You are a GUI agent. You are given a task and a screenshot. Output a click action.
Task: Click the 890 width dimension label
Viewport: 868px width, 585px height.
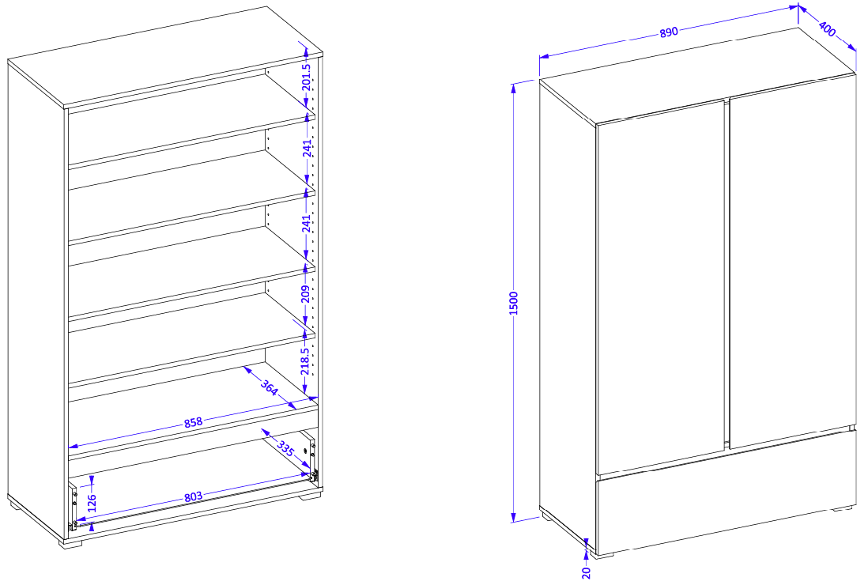[x=669, y=32]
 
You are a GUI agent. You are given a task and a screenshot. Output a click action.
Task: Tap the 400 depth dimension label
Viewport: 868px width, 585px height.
[x=827, y=28]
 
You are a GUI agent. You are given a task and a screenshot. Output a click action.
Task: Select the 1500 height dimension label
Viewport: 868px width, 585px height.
[x=513, y=303]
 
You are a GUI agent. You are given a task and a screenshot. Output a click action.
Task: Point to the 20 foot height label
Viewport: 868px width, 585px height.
[x=587, y=572]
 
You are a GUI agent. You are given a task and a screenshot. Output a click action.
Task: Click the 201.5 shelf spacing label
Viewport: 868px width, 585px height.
[x=307, y=77]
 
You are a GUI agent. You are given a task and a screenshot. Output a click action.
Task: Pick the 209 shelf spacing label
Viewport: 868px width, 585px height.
[x=306, y=294]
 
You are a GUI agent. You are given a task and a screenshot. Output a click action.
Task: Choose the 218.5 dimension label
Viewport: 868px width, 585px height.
[x=305, y=361]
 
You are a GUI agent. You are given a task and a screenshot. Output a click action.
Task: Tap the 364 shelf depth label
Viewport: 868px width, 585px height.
[x=269, y=387]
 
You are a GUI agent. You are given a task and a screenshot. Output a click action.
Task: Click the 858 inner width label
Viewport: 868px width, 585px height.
[x=193, y=423]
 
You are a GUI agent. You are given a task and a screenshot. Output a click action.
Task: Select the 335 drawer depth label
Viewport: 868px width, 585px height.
[x=285, y=448]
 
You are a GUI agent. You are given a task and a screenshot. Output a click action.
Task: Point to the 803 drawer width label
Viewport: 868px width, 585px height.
[x=193, y=497]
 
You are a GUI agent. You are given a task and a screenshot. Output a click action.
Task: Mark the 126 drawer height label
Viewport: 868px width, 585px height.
[x=92, y=503]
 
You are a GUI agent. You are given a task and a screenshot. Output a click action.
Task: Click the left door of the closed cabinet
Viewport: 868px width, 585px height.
[x=661, y=287]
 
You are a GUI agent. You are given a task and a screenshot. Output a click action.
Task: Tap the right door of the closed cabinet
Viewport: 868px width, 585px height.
[x=793, y=261]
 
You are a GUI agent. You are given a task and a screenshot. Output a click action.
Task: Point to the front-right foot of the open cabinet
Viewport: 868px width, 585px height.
[x=311, y=496]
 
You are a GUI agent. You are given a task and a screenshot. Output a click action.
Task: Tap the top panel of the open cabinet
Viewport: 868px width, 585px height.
[x=165, y=56]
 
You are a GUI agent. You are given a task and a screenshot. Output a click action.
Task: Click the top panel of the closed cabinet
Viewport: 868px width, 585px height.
[x=698, y=74]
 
